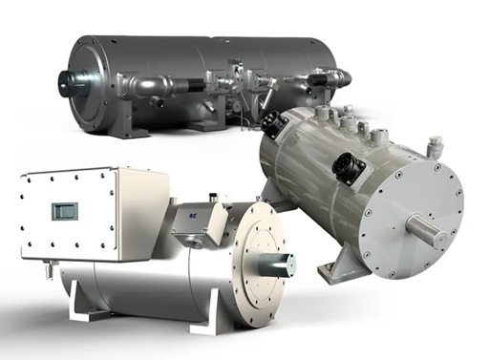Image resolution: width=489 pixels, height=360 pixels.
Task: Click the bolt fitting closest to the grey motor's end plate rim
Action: [x=436, y=146]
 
